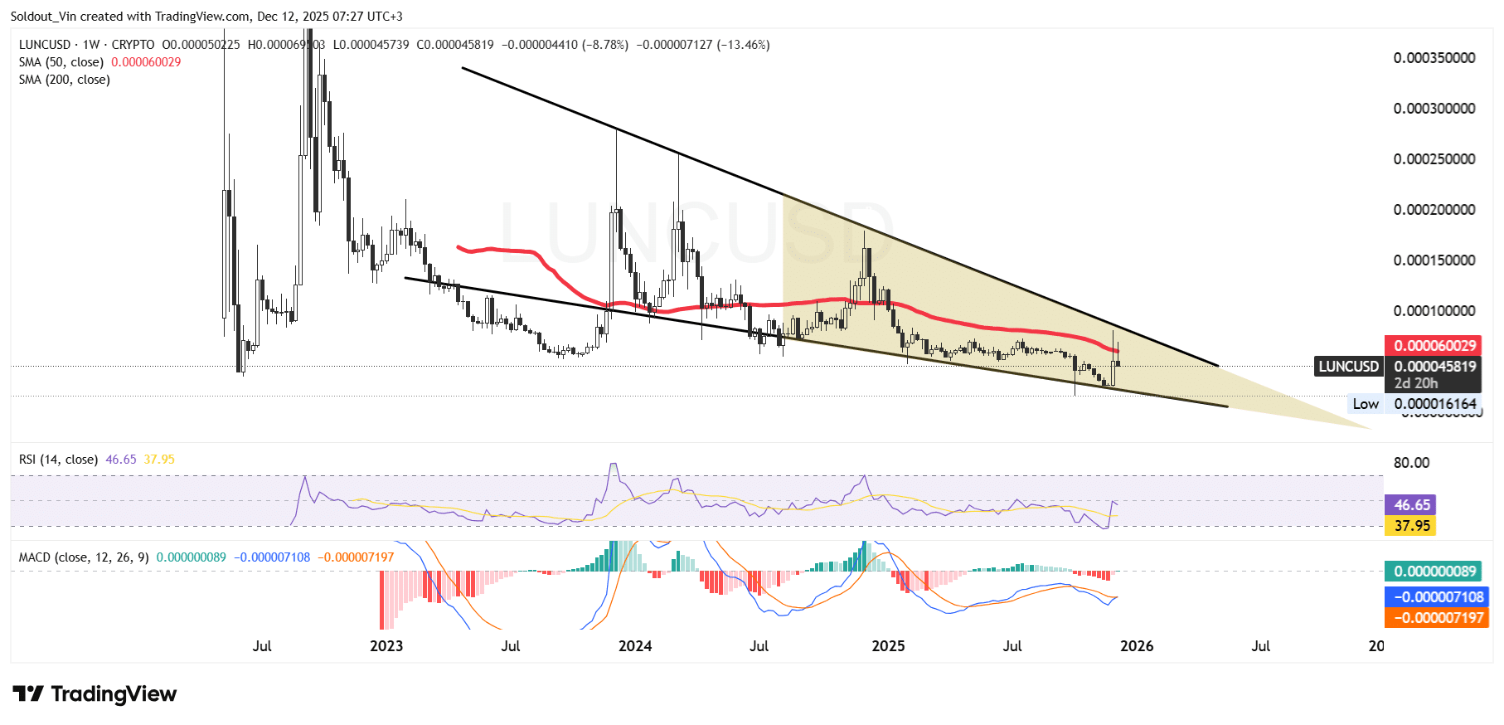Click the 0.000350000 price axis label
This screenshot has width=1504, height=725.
coord(1434,58)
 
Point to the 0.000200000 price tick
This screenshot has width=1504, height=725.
coord(1434,210)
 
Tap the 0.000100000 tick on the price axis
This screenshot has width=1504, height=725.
coord(1434,311)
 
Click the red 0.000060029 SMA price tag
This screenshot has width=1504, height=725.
coord(1434,346)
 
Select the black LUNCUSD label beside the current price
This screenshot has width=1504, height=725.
coord(1348,367)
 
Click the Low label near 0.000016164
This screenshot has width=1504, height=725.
coord(1366,404)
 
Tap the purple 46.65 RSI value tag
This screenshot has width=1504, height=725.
coord(1412,505)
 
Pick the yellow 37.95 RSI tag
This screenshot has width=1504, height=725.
coord(1412,526)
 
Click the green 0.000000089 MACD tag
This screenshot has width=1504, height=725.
coord(1434,572)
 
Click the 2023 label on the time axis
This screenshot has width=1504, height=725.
coord(386,646)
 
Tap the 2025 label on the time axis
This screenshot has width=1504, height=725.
coord(888,646)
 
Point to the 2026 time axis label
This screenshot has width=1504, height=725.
coord(1137,646)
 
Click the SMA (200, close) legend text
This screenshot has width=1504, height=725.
coord(65,80)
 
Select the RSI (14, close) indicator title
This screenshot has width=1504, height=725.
coord(58,460)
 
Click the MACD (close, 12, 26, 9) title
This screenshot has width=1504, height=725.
coord(84,557)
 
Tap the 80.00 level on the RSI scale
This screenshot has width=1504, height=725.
coord(1411,463)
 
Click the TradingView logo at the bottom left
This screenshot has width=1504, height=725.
coord(95,694)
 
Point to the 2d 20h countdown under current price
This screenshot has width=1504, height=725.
coord(1416,383)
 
